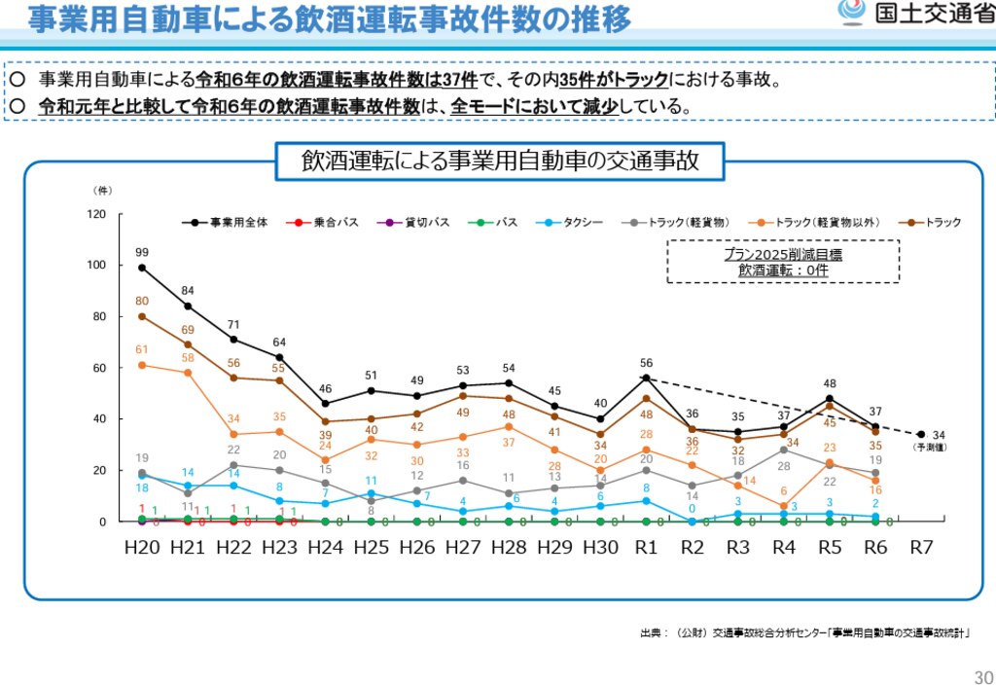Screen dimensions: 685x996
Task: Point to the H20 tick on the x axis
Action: pos(142,547)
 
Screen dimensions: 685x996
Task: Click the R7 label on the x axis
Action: pos(921,547)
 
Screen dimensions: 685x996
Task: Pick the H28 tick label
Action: pos(509,547)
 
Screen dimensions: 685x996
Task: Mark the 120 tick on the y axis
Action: pos(96,214)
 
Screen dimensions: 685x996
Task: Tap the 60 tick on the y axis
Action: pos(99,368)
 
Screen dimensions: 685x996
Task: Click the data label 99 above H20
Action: pos(142,252)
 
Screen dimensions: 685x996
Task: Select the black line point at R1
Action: pos(646,378)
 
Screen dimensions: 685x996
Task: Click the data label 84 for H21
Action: pos(188,290)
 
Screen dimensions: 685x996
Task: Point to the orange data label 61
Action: pos(142,349)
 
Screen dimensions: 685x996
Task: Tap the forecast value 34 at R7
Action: pos(939,434)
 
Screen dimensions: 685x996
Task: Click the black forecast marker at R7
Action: pos(920,434)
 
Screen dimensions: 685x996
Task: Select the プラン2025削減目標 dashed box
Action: pos(783,262)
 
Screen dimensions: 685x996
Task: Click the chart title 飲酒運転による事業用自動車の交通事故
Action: pos(500,161)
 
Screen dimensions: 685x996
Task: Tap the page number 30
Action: pos(982,677)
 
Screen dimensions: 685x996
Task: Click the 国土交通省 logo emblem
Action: pos(852,13)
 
